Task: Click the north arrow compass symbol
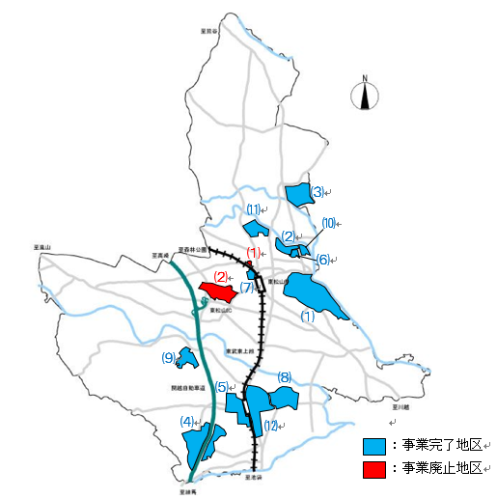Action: pos(365,95)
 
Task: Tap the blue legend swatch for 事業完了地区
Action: pos(374,447)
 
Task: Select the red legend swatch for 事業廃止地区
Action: pos(374,469)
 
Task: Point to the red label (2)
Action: pos(220,277)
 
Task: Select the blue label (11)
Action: pos(253,209)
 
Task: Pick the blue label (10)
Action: pos(328,224)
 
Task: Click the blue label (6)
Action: pos(323,259)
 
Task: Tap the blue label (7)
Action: pos(247,288)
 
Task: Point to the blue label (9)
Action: pos(169,358)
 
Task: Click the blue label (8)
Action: pos(284,376)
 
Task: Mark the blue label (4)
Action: pos(187,421)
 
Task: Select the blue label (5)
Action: pos(221,387)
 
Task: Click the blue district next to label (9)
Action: pos(187,357)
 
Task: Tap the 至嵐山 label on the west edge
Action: pos(41,247)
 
